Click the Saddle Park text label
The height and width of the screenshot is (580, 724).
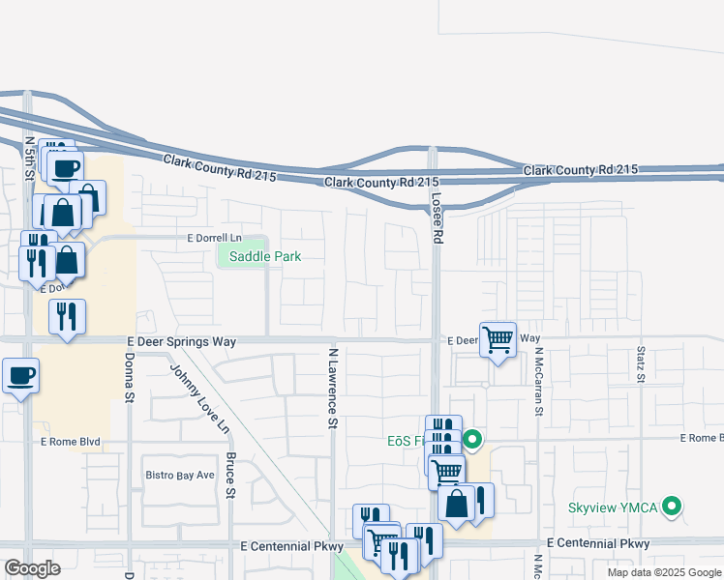(265, 256)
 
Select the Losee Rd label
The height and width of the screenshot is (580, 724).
(436, 221)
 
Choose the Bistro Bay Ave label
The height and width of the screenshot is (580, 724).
(179, 475)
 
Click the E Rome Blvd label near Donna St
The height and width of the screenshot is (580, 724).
(70, 442)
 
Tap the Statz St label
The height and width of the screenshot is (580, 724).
(641, 363)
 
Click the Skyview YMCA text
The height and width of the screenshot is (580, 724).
(614, 507)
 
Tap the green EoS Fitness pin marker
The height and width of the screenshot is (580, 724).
(472, 440)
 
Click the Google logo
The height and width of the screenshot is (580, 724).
(33, 568)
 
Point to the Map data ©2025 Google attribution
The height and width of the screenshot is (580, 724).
(663, 572)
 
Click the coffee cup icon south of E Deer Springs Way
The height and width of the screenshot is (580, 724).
(20, 375)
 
